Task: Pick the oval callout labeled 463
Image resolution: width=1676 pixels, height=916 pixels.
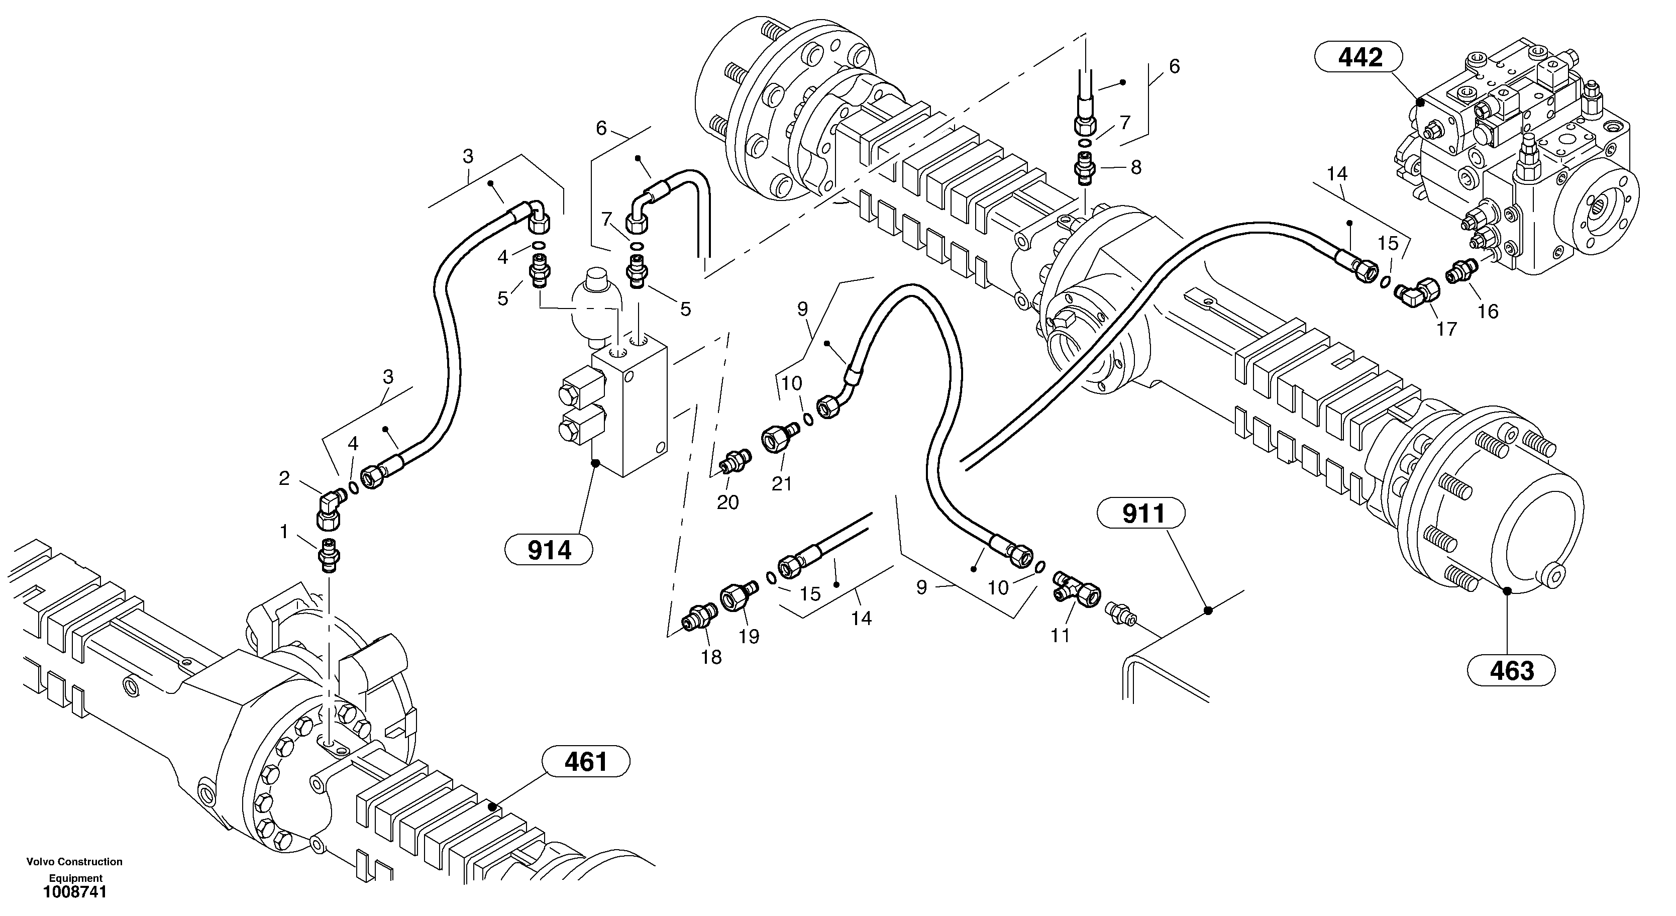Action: [x=1511, y=671]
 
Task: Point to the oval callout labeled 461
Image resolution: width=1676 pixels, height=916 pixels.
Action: [x=586, y=762]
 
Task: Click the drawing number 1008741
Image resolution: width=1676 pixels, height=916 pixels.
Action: [x=75, y=892]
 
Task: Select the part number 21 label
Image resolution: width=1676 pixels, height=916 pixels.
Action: [x=781, y=483]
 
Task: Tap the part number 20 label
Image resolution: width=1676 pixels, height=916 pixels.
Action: [x=727, y=502]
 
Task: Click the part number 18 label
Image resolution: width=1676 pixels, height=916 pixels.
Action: [x=711, y=658]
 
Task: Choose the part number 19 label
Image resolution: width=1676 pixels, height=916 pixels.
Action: [x=749, y=636]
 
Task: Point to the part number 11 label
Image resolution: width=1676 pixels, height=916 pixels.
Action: [x=1061, y=636]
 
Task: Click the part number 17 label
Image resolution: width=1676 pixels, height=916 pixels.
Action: [x=1446, y=330]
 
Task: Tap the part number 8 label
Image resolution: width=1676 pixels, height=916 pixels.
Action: [x=1136, y=168]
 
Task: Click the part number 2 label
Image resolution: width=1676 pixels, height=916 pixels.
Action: [x=284, y=479]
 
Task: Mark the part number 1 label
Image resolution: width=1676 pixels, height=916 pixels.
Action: [x=284, y=532]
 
